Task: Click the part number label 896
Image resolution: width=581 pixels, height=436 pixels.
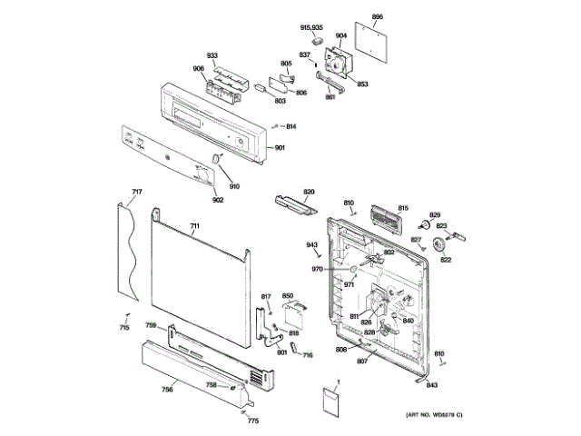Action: pos(378,17)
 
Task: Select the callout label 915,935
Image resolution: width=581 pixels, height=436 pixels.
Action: pos(311,27)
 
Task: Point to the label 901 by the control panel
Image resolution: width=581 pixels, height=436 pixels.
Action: pos(281,148)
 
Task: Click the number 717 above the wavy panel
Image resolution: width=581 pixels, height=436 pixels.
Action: pos(136,192)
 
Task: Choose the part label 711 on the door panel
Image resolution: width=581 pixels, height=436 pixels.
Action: pos(194,225)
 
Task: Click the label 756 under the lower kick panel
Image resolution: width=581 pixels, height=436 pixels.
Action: pos(167,391)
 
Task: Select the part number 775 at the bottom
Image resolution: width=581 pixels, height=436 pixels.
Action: pos(253,421)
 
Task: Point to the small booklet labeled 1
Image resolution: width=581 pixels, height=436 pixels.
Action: pos(330,399)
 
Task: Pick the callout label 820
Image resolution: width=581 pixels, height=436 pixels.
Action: pos(309,192)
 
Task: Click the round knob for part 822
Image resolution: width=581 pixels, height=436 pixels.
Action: pos(442,243)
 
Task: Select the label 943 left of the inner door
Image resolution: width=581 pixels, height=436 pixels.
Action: pos(311,245)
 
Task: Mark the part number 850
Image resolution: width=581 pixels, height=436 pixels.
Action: pos(288,296)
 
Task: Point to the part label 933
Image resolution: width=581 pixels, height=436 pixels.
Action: pos(212,56)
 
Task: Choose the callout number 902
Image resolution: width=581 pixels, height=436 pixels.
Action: pos(218,200)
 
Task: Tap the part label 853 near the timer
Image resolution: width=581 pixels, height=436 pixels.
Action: pos(362,84)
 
